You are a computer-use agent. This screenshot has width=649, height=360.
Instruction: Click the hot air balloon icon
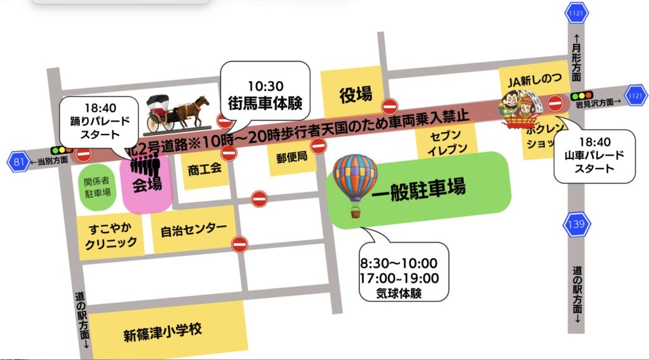point(355,184)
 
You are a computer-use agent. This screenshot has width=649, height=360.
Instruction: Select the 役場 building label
point(355,95)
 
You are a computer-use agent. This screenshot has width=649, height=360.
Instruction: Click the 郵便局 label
point(292,157)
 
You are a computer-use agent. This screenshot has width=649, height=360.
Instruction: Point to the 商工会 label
point(203,169)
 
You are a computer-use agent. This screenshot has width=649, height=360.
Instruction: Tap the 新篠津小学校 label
point(162,330)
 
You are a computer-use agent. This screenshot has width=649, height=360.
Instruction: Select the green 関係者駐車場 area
point(97,184)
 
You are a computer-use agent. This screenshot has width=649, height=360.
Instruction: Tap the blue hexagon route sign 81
point(19,162)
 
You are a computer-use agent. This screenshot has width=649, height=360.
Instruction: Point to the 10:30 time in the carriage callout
point(264,85)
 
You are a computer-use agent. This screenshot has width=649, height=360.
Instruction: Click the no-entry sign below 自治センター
point(239,243)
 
